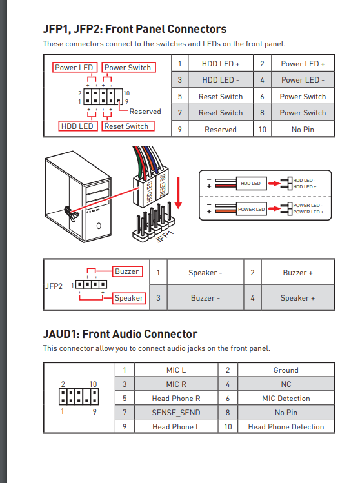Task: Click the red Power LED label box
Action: pyautogui.click(x=75, y=68)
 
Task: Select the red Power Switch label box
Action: pyautogui.click(x=128, y=68)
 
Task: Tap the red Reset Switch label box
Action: pyautogui.click(x=128, y=126)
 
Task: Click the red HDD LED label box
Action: pyautogui.click(x=77, y=126)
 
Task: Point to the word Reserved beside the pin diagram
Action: pyautogui.click(x=145, y=112)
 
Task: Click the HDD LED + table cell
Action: pyautogui.click(x=221, y=64)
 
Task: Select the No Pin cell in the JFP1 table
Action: pyautogui.click(x=303, y=130)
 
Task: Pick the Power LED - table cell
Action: pyautogui.click(x=303, y=80)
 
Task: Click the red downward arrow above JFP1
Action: pyautogui.click(x=178, y=193)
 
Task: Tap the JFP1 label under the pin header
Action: pyautogui.click(x=165, y=237)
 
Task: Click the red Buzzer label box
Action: pyautogui.click(x=127, y=271)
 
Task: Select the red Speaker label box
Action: pyautogui.click(x=129, y=298)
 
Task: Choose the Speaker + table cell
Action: pyautogui.click(x=297, y=298)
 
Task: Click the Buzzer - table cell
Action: pyautogui.click(x=205, y=298)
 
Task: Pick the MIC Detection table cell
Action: pyautogui.click(x=286, y=399)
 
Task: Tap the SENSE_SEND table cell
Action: pyautogui.click(x=176, y=413)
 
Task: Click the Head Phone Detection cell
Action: pyautogui.click(x=286, y=427)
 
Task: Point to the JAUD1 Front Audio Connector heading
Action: pyautogui.click(x=120, y=334)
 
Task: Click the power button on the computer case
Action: pyautogui.click(x=99, y=226)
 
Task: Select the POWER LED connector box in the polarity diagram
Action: pyautogui.click(x=251, y=209)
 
